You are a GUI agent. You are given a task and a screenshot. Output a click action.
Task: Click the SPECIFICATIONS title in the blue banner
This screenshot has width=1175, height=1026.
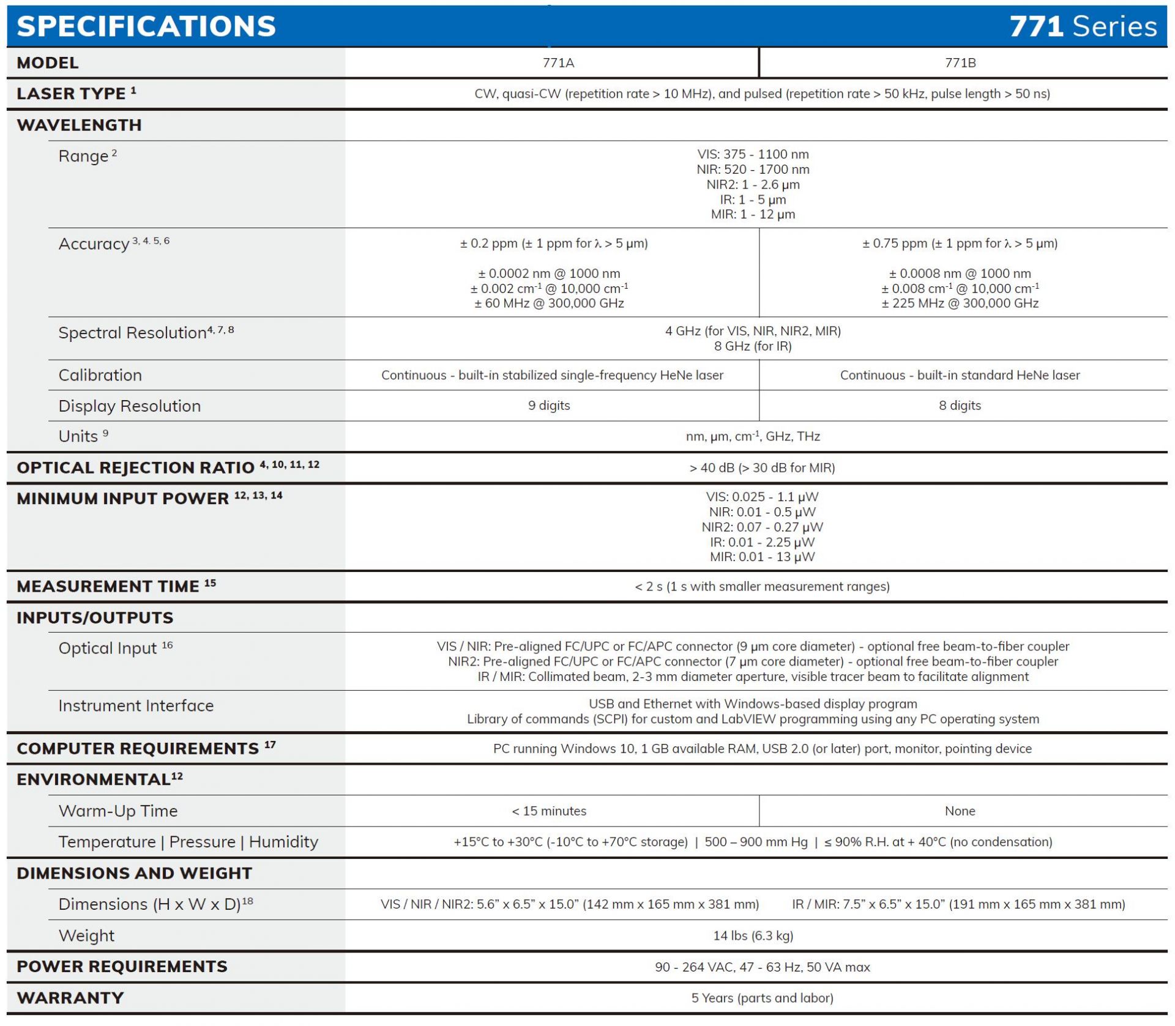coord(146,26)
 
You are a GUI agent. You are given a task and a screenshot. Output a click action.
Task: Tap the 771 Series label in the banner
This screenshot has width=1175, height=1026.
coord(1083,26)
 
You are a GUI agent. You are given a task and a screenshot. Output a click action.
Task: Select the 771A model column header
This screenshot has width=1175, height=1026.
coord(558,63)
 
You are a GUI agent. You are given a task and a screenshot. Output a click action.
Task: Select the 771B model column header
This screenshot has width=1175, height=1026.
coord(960,63)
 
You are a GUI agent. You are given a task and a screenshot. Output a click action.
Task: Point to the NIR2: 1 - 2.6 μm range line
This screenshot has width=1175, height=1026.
coord(753,185)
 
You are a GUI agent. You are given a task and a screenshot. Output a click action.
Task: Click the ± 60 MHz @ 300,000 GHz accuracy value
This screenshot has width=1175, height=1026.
coord(549,303)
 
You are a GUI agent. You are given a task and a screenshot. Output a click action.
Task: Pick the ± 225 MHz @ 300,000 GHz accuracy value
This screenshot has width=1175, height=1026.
coord(960,303)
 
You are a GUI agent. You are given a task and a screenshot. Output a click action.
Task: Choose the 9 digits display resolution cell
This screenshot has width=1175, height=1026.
coord(549,406)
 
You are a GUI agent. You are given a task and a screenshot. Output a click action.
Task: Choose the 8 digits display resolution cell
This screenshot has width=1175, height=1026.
coord(960,406)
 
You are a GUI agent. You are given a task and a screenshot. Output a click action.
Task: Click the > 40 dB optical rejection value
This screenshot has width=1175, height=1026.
coord(762,468)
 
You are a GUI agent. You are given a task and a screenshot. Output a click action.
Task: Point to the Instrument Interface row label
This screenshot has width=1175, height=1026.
coord(136,706)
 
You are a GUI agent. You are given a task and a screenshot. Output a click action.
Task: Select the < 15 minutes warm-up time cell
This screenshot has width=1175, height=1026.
coord(549,811)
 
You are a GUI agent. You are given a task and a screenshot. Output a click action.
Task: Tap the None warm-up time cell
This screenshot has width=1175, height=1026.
coord(960,811)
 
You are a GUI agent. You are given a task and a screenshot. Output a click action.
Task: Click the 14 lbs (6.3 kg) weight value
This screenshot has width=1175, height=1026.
coord(753,936)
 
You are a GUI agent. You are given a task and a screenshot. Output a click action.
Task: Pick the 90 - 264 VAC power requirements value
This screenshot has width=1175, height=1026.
coord(762,967)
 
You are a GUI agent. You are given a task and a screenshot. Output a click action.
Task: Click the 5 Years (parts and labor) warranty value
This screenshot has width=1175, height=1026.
coord(762,998)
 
